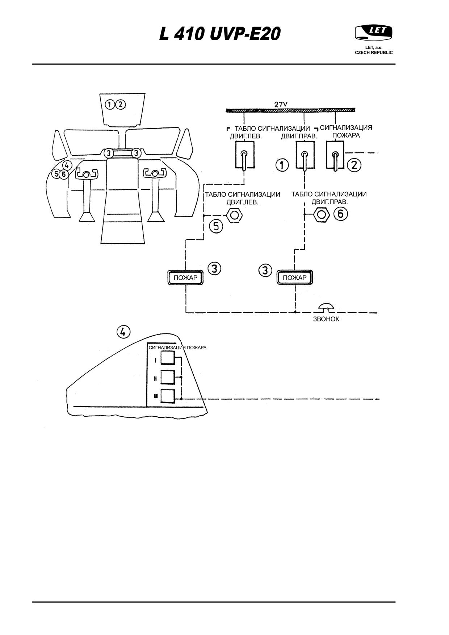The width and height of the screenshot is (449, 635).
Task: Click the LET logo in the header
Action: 374,33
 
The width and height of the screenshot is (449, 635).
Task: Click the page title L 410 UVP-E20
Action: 220,34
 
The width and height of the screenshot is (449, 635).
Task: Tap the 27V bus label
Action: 281,104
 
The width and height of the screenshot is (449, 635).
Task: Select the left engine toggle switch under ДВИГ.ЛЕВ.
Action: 245,155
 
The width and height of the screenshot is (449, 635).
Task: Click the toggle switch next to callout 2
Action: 336,155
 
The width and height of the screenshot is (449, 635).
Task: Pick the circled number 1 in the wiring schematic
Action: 282,165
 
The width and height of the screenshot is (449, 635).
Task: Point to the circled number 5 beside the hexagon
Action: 216,227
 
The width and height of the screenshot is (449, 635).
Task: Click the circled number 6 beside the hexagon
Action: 340,214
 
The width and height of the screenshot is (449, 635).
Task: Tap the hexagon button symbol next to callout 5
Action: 234,215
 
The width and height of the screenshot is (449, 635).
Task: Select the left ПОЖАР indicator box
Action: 185,278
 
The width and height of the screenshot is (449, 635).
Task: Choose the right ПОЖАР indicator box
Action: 294,278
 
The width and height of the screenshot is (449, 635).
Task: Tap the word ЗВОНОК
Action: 326,319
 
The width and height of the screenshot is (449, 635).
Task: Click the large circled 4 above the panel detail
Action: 123,331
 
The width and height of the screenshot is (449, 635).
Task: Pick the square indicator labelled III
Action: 167,396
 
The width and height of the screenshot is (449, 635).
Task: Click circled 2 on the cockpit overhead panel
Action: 121,105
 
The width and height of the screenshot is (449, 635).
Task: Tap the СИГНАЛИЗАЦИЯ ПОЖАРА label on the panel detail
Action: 177,348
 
